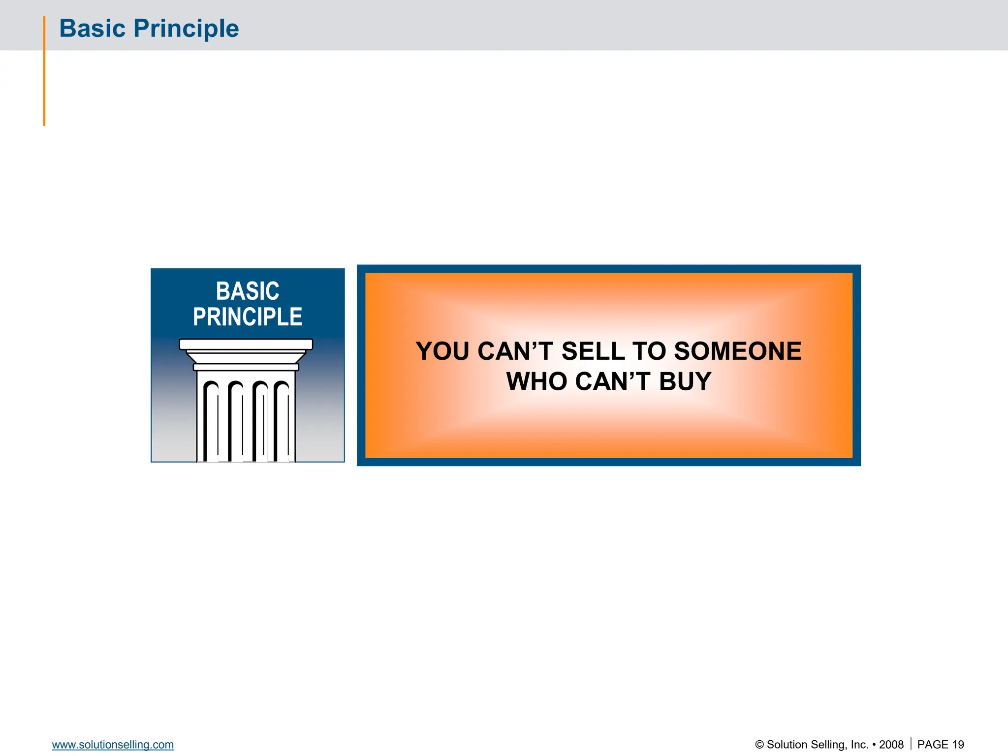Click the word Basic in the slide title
point(92,29)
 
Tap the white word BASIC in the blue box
point(248,291)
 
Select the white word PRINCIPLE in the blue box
point(248,317)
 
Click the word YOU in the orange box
point(442,351)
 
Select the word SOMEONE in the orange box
point(738,351)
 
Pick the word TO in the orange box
point(649,351)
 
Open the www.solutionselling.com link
point(113,745)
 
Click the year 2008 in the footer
point(891,745)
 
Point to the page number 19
point(958,745)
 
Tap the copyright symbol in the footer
point(759,745)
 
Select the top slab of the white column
point(246,344)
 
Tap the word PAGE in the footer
point(933,745)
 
